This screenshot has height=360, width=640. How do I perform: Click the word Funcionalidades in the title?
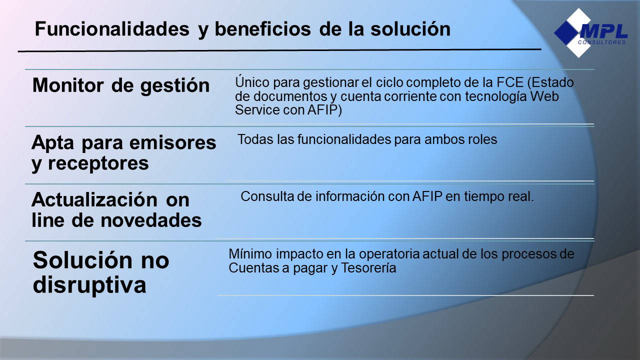point(112,29)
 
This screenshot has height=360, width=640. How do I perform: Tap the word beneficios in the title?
point(262,29)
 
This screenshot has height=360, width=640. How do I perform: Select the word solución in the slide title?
point(410,29)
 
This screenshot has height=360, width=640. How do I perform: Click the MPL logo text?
point(603,31)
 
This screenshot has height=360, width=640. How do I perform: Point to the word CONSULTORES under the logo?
point(602,42)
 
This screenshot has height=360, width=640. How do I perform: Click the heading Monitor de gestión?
point(121,86)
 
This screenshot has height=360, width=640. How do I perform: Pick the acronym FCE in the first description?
point(510,82)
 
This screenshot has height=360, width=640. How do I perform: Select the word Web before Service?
point(544,96)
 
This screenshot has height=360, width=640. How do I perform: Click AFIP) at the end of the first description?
point(324,110)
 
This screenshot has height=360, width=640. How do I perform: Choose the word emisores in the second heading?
point(173,142)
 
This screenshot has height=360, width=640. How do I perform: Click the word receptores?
point(98,163)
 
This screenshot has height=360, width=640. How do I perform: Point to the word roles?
point(482,139)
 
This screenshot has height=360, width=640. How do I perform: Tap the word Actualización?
point(94,199)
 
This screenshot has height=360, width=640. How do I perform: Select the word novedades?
point(151,220)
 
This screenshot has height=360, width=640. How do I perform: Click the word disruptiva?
point(89,285)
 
